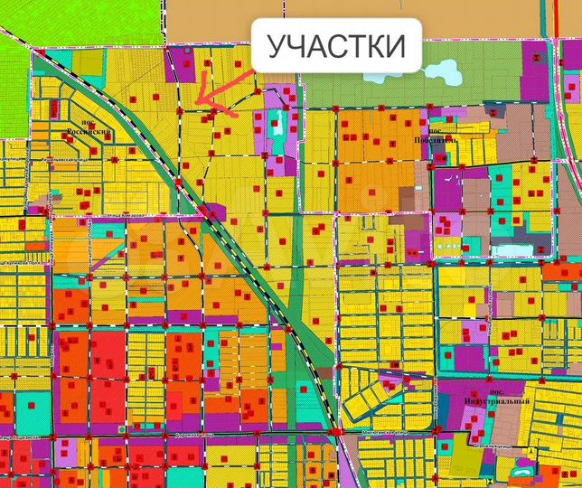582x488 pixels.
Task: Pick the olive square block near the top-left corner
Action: pyautogui.click(x=89, y=61)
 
